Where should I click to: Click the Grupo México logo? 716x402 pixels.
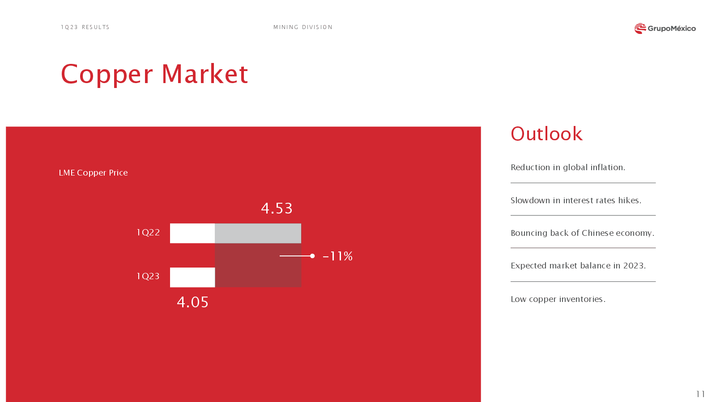click(665, 29)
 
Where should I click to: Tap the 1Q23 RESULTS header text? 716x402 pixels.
click(85, 27)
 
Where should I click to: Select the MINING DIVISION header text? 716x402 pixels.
click(303, 27)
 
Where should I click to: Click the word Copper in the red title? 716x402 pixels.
click(107, 75)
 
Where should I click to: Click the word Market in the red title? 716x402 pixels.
click(205, 74)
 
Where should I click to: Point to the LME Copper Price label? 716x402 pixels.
click(94, 172)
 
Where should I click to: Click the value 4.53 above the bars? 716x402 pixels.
click(277, 208)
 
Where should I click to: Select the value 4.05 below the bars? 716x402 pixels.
click(192, 302)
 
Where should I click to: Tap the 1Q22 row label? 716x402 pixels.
click(148, 232)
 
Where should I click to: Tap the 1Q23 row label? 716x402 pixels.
click(148, 276)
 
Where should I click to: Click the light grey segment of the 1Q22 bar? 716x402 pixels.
click(258, 233)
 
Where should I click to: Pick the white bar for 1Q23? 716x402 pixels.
click(192, 277)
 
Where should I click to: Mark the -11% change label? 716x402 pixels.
click(337, 256)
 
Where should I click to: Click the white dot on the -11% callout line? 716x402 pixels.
click(312, 256)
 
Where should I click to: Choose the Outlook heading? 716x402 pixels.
click(546, 134)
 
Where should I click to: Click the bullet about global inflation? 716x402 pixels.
click(568, 167)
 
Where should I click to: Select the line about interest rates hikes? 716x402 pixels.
click(576, 201)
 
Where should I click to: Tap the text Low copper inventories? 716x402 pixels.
click(558, 299)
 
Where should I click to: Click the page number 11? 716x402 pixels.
click(700, 394)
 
